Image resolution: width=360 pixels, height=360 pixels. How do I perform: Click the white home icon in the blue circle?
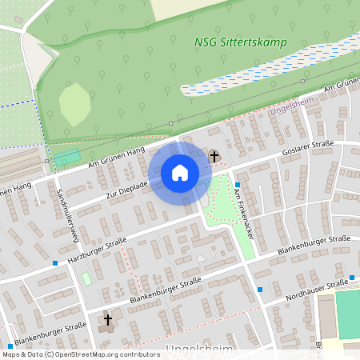(x=180, y=173)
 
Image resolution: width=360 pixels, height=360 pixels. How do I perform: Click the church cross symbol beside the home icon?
(x=214, y=156)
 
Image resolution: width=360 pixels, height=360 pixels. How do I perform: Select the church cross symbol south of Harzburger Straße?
(x=108, y=321)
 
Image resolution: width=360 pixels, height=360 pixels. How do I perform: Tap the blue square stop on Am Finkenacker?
(x=237, y=184)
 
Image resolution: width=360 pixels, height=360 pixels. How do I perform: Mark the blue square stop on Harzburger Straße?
(x=54, y=262)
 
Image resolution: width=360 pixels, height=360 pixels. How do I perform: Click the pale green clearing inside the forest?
(x=74, y=103)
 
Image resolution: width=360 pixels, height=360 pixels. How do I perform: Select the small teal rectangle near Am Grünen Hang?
(x=68, y=158)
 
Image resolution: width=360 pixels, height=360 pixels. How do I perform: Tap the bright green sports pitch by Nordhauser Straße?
(x=347, y=313)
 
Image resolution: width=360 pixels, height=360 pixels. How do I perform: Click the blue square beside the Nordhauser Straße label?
(x=260, y=290)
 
